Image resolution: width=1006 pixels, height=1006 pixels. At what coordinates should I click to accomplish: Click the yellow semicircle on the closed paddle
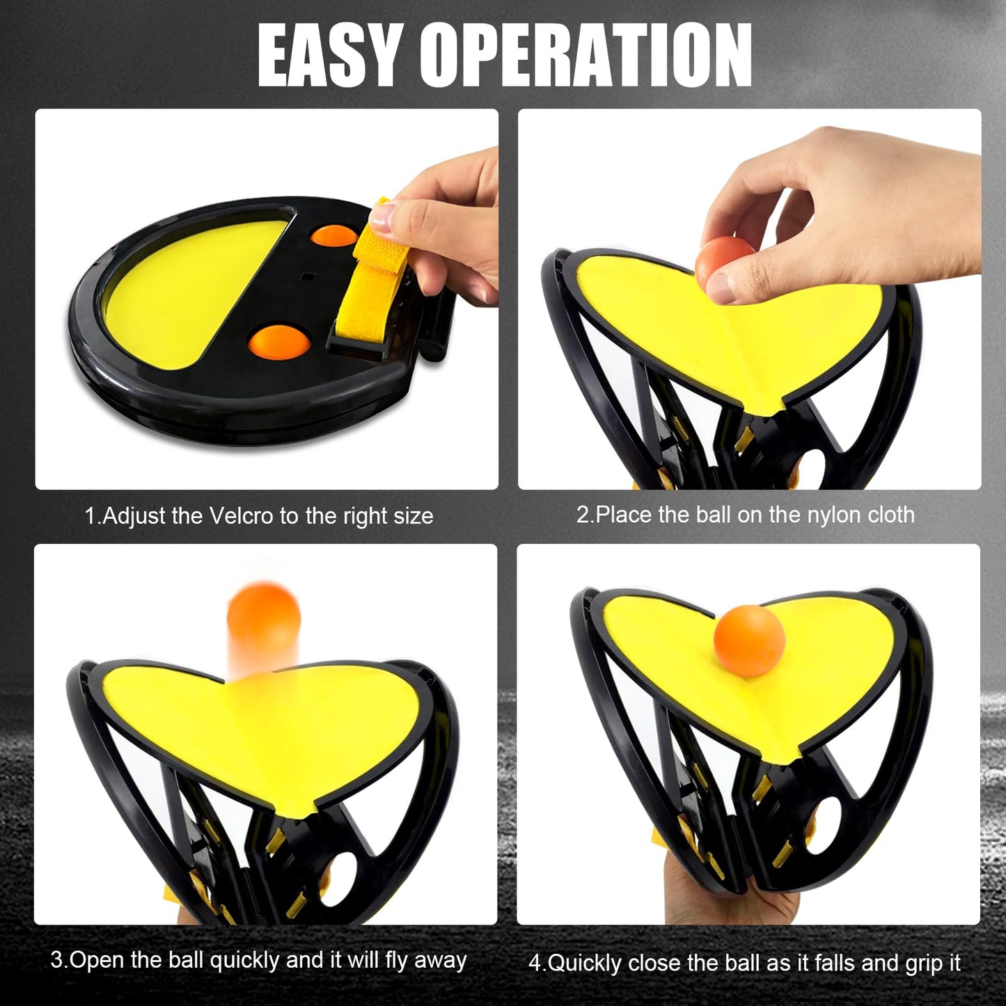pyautogui.click(x=188, y=292)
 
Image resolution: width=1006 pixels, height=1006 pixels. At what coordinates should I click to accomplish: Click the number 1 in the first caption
pyautogui.click(x=90, y=516)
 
